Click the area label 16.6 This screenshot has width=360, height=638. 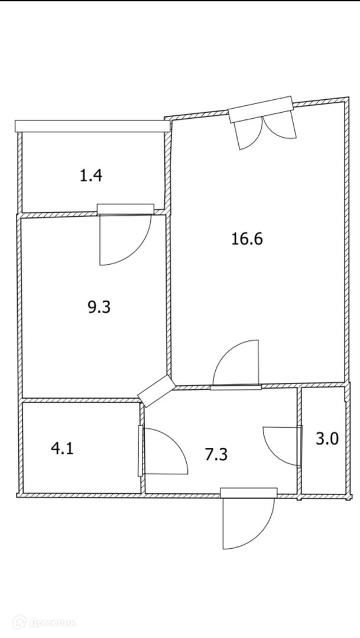pos(248,239)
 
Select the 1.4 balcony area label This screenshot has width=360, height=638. pos(90,175)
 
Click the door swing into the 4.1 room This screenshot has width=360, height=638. pos(163,452)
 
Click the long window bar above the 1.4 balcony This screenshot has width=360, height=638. pos(92,126)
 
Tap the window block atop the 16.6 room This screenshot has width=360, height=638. pos(261,109)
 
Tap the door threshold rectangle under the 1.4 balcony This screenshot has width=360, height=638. pos(125,209)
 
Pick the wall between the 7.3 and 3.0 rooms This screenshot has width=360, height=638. pos(299,440)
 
